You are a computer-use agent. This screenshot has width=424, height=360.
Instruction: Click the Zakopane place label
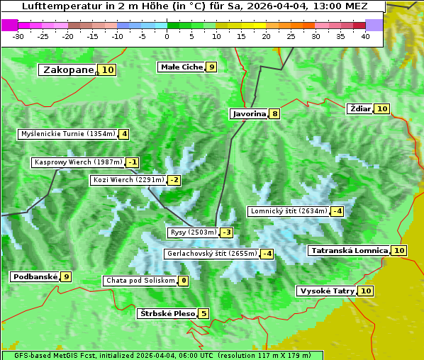coord(68,70)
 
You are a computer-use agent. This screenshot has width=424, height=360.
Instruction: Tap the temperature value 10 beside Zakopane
coord(107,70)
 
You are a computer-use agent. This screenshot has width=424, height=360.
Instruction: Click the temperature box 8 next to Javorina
coord(274,113)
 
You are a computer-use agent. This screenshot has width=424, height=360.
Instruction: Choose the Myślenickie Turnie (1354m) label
coord(68,134)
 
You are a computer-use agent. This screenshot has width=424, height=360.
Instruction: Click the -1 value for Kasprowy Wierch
coord(133,162)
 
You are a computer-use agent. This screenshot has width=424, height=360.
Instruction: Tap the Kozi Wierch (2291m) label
coord(128,180)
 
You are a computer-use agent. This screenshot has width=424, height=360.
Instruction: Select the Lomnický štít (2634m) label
coord(289,211)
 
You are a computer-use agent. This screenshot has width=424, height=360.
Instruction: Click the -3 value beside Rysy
coord(226,232)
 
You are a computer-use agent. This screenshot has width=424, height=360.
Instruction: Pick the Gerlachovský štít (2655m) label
coord(211,254)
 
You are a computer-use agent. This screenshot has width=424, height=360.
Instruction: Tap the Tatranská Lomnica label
coord(349,251)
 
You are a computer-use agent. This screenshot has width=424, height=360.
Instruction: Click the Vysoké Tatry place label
coord(327,291)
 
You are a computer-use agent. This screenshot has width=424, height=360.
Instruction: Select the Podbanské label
coord(35,277)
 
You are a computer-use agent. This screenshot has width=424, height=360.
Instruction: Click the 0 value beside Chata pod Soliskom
coord(184,281)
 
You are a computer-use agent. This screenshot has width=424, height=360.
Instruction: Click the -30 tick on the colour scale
coord(18,36)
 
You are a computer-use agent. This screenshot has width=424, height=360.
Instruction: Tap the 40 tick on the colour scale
coord(365,36)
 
